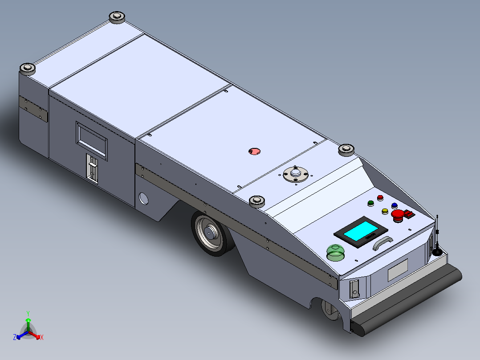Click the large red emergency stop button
[397, 215]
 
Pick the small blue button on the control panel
[394, 205]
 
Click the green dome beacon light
[335, 253]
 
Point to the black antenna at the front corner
[438, 241]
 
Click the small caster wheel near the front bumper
[330, 310]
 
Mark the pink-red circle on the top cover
[254, 151]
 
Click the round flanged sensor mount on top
[295, 173]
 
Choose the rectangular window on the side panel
[91, 141]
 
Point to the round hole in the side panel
[143, 198]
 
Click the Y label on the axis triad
[28, 313]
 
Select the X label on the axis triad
[42, 338]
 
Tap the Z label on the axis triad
[15, 338]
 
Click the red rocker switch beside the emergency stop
[409, 215]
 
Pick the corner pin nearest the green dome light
[257, 201]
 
